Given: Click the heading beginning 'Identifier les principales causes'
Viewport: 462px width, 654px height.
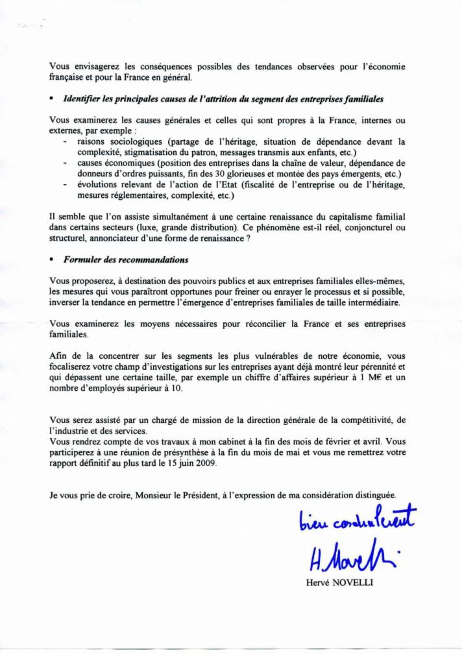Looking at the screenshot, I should click(x=223, y=99).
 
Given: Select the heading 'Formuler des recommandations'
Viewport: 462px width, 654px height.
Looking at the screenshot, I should click(x=125, y=260).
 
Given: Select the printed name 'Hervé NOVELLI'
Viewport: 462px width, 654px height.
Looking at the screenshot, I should click(x=341, y=582).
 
